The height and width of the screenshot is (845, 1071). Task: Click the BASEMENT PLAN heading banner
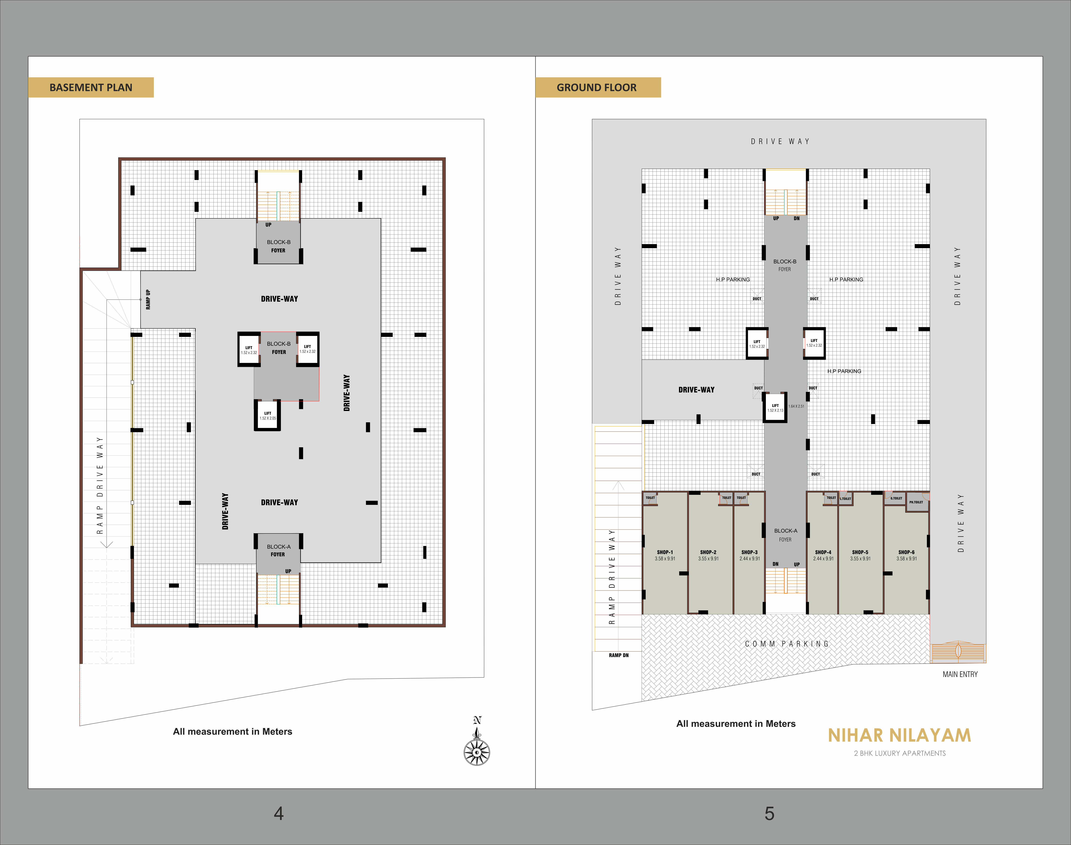pos(91,88)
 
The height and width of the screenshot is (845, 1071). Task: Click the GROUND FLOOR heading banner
pos(598,88)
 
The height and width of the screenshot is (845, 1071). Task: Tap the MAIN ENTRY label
pos(960,674)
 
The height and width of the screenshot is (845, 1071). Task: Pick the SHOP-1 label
pos(665,552)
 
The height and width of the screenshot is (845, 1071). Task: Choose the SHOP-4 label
pos(823,552)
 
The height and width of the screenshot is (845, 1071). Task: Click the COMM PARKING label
pos(786,644)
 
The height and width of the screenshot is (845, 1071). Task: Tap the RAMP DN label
pos(619,656)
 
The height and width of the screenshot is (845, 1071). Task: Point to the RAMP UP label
pos(148,300)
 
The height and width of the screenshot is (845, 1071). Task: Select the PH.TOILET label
pos(916,502)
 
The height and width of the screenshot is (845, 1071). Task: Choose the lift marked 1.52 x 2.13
pos(775,407)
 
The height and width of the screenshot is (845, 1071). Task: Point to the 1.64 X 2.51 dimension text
pos(796,406)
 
